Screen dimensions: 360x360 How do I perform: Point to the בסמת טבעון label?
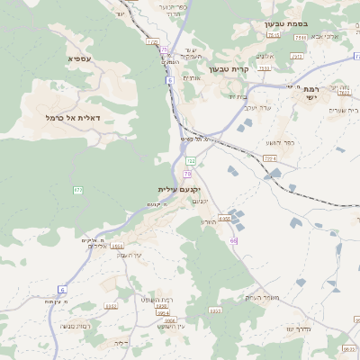pos(287,24)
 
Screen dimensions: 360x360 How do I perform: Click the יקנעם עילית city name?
pos(177,190)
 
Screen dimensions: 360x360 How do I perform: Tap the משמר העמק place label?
pos(264,297)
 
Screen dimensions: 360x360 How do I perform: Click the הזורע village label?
pos(209,221)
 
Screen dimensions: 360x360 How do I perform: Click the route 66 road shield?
pos(233,241)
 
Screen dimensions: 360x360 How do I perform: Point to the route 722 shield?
pos(191,160)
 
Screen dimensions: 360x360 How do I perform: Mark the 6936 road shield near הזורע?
pos(224,218)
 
